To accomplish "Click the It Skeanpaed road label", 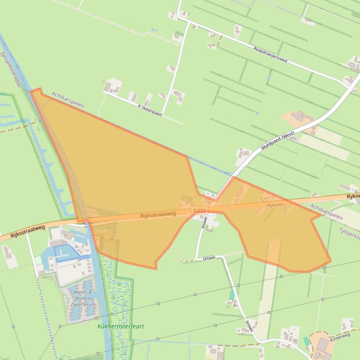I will (149, 110).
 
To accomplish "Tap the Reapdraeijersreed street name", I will (270, 55).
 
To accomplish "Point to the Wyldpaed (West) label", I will (278, 140).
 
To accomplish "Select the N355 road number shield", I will (199, 211).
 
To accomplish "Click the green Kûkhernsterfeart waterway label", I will (121, 326).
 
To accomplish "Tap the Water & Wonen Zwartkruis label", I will (83, 298).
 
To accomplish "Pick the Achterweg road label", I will (339, 337).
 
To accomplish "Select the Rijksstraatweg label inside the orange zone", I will (158, 214).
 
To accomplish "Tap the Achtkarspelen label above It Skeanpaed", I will (68, 99).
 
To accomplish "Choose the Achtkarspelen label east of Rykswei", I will (326, 211).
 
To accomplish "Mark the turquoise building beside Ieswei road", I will (232, 295).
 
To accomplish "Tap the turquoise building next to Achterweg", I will (306, 341).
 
